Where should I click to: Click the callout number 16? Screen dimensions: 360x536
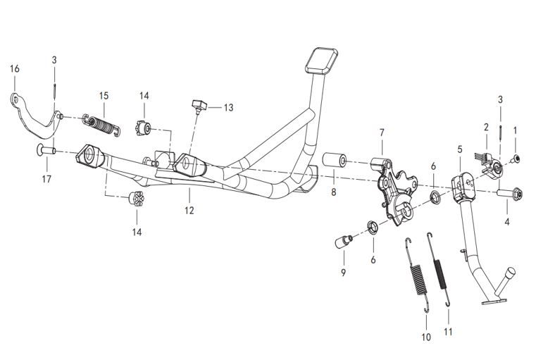tap(15, 68)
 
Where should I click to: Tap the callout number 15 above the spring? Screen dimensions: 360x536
tap(104, 95)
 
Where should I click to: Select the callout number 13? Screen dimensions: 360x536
tap(228, 108)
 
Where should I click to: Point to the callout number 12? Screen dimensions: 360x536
tap(189, 209)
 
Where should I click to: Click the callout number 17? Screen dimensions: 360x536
tap(46, 179)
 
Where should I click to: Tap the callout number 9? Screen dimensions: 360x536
tap(343, 271)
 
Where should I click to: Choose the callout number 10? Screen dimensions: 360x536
tap(425, 337)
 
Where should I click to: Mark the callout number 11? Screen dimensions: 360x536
tap(449, 331)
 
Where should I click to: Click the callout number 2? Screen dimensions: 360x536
tap(486, 127)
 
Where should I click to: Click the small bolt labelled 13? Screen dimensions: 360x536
tap(197, 106)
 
